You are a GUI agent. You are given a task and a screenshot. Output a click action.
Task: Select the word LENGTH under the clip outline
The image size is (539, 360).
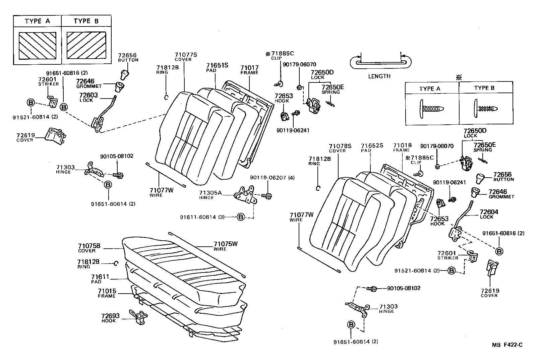point(379,76)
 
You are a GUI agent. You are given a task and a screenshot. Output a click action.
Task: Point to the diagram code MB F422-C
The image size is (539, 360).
point(507,345)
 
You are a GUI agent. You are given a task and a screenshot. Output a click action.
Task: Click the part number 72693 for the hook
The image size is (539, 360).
point(110,316)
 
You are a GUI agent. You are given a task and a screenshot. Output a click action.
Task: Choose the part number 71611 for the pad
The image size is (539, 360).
point(100,277)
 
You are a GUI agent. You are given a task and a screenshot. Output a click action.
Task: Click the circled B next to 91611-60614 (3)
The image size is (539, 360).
point(240,217)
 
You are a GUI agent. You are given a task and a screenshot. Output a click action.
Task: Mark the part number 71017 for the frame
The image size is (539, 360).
point(249,68)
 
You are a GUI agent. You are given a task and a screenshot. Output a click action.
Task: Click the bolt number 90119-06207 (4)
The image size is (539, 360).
point(272,177)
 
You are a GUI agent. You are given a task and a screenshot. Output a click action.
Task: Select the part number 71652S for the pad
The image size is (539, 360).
point(372,145)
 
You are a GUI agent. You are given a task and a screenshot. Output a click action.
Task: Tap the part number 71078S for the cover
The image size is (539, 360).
point(340,146)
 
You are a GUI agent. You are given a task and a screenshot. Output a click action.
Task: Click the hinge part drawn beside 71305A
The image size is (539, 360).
point(247,196)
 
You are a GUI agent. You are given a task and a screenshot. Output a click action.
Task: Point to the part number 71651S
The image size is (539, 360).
point(217,65)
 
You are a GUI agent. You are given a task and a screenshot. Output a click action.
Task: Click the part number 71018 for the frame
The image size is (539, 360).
point(402,145)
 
